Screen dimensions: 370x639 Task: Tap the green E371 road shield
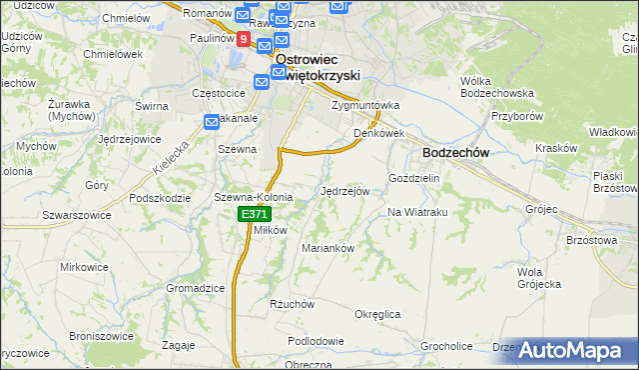tap(253, 215)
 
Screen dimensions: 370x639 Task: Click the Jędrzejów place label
tap(345, 190)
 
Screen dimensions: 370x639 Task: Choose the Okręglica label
tap(377, 314)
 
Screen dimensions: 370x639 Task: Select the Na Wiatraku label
tap(415, 212)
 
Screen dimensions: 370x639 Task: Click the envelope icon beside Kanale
tap(213, 121)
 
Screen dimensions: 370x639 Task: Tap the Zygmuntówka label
tap(365, 105)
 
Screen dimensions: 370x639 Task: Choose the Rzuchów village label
tap(293, 304)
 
